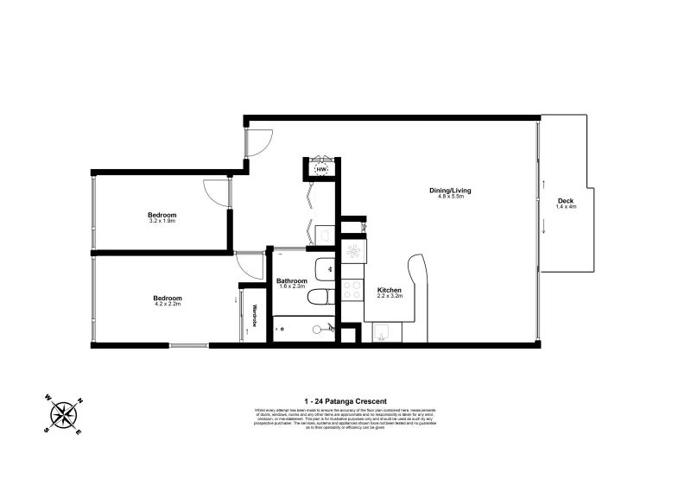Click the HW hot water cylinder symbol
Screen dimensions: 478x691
coord(321,170)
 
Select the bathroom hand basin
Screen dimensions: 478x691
coord(324,268)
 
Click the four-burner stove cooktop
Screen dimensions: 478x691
coord(352,288)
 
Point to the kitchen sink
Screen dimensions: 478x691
coord(380,331)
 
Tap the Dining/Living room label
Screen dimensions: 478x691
coord(449,191)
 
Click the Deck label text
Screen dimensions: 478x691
coord(566,201)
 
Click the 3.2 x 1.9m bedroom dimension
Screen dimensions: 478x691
coord(162,221)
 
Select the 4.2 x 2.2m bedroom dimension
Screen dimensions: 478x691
coord(168,304)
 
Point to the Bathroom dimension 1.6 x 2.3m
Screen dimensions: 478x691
coord(292,287)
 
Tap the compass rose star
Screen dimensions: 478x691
coord(62,416)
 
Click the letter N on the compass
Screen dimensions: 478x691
coord(81,400)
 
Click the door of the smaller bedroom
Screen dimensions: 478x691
coord(217,192)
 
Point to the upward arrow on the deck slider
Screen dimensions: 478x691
coord(544,184)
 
